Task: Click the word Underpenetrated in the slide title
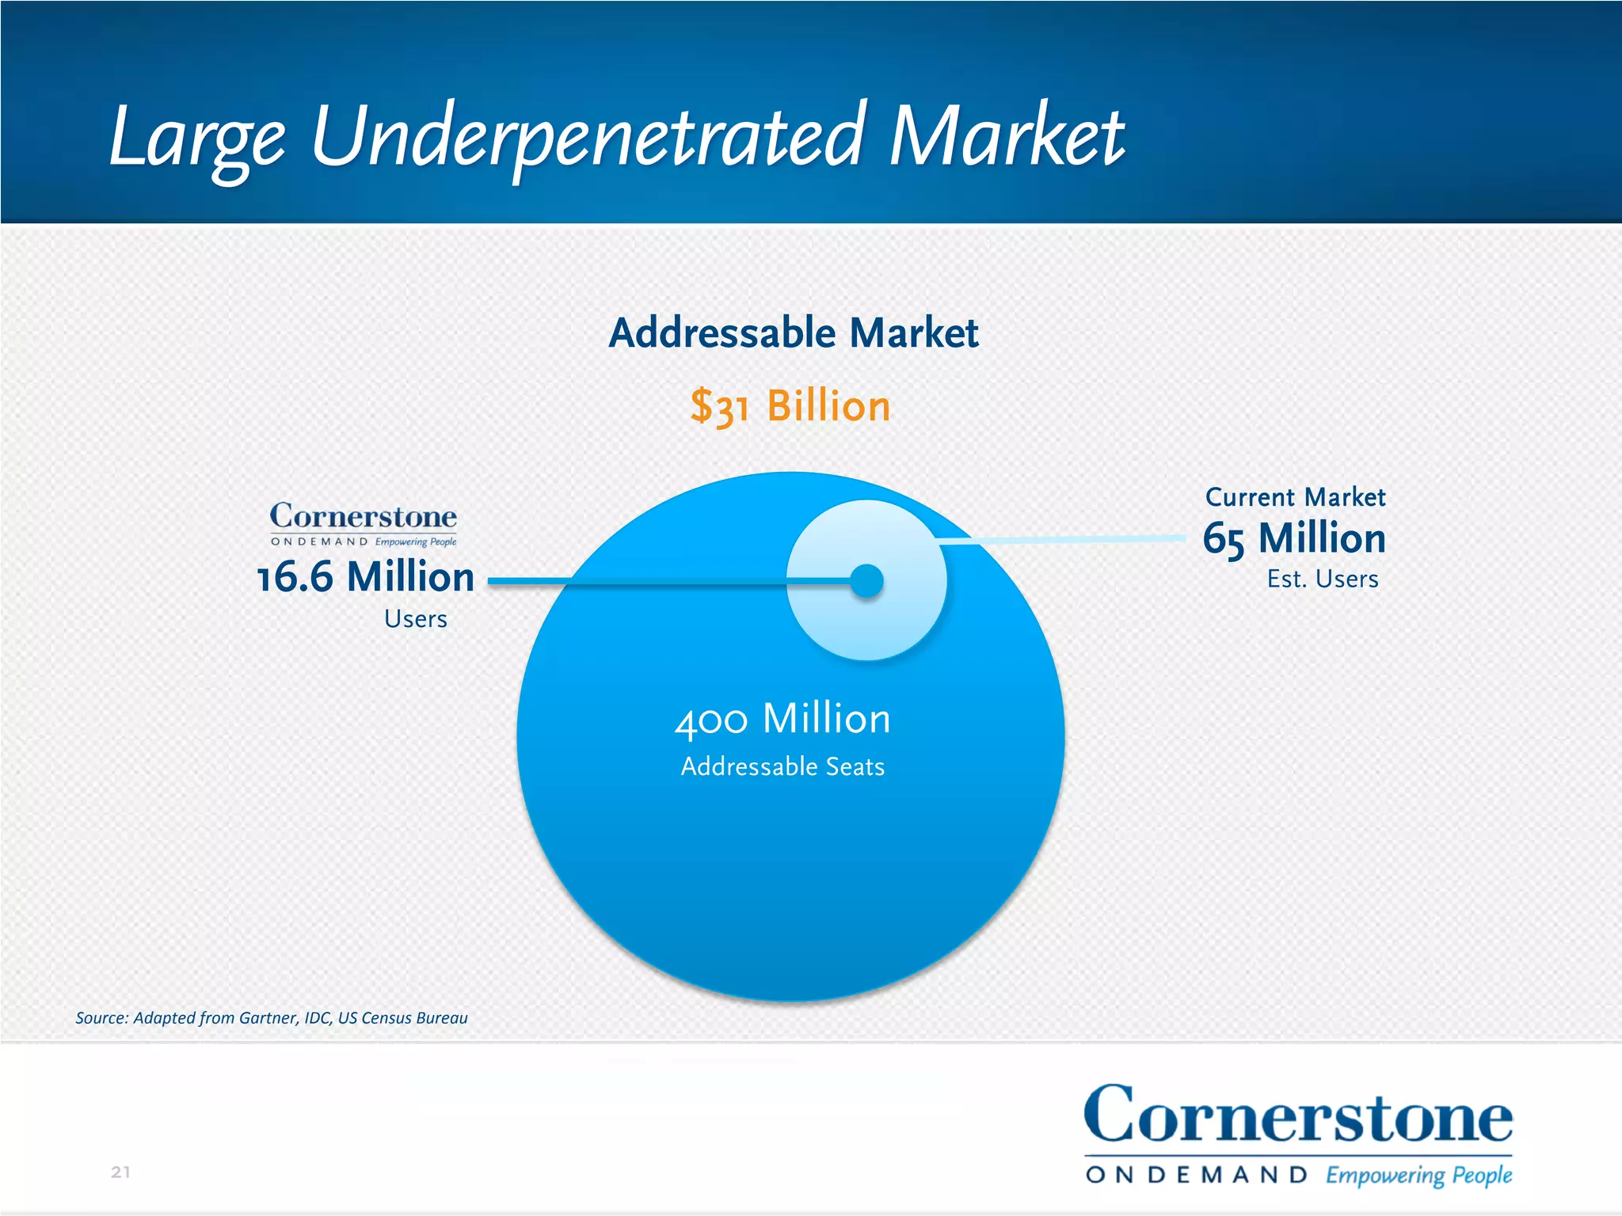click(x=586, y=136)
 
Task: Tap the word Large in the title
click(x=196, y=136)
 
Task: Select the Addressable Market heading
click(x=793, y=332)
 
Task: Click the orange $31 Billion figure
click(x=790, y=406)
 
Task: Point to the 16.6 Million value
click(x=366, y=576)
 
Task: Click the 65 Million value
click(x=1294, y=539)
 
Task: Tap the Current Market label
click(x=1295, y=497)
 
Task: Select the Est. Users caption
click(x=1322, y=579)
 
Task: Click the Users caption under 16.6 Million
click(x=415, y=618)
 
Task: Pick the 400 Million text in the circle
click(x=782, y=719)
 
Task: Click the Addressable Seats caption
click(x=782, y=766)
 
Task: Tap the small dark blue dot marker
click(x=866, y=581)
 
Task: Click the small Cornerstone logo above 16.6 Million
click(x=364, y=523)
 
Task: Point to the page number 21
click(x=120, y=1172)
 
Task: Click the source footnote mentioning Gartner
click(x=271, y=1018)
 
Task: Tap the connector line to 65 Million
click(x=1061, y=540)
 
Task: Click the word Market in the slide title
click(x=1006, y=136)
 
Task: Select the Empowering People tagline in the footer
click(x=1418, y=1175)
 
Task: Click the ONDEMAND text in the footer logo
click(x=1196, y=1175)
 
